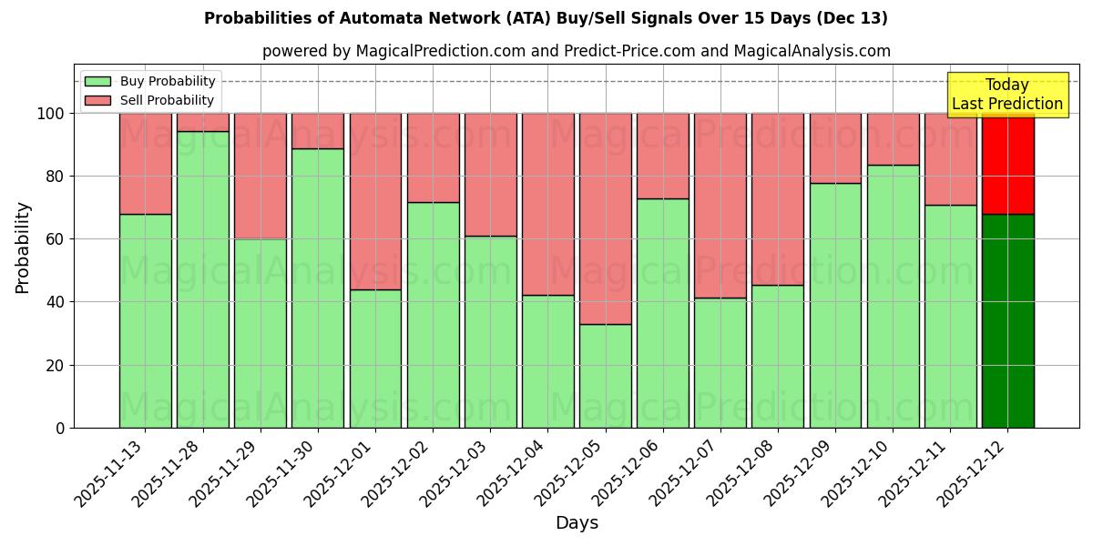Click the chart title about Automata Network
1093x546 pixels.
tap(546, 18)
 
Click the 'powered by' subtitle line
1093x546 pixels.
tap(576, 51)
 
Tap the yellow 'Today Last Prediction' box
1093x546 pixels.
tap(1006, 95)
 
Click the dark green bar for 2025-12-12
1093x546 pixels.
tap(1007, 320)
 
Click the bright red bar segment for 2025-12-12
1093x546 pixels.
tap(1007, 164)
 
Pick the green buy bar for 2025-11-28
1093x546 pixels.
tap(203, 279)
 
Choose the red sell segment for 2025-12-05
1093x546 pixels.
tap(605, 218)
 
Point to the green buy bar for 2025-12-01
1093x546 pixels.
tap(375, 359)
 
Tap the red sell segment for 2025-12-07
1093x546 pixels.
tap(720, 206)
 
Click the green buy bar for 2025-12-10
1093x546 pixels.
tap(893, 296)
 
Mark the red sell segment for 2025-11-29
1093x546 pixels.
tap(260, 176)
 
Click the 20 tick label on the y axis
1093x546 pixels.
tap(57, 365)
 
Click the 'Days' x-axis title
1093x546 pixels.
tap(577, 523)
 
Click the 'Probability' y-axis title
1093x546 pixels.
tap(23, 248)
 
